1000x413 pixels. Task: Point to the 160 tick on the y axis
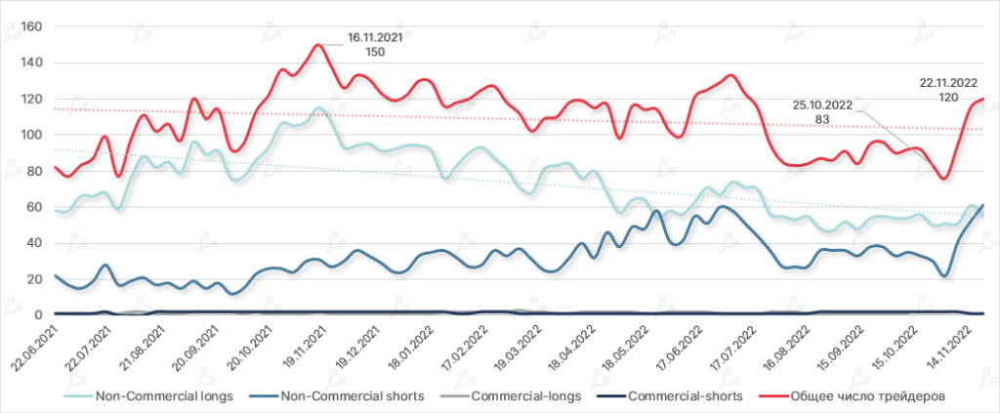(x=32, y=26)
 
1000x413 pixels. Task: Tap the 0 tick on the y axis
(x=39, y=315)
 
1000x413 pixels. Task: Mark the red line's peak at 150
(x=318, y=44)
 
